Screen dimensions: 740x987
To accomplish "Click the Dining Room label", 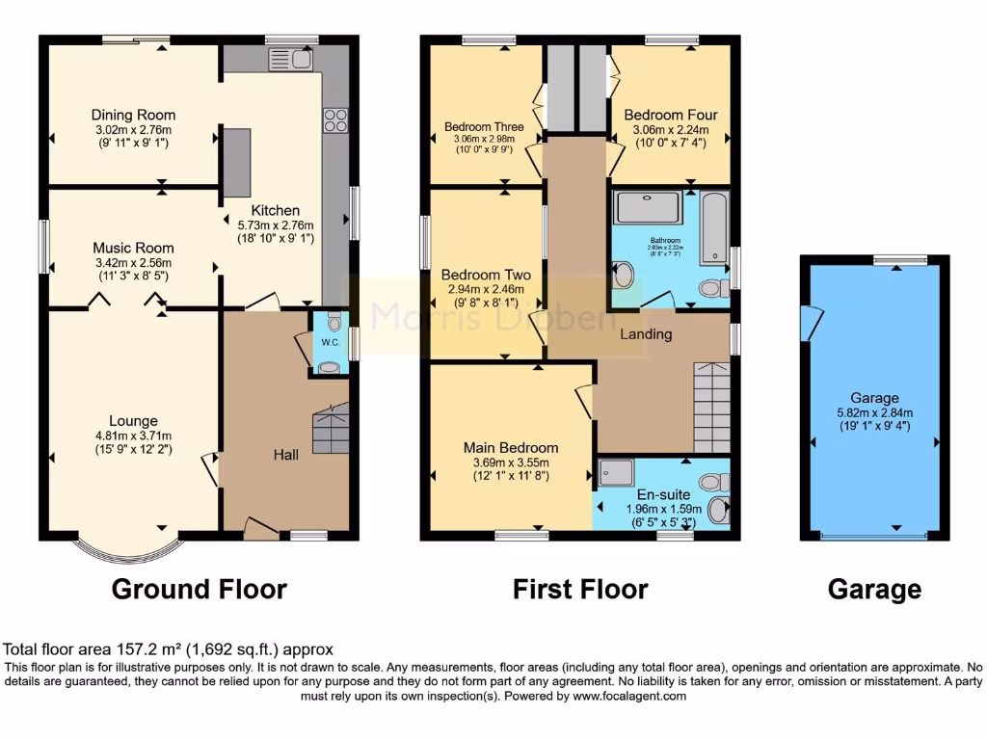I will (x=133, y=115).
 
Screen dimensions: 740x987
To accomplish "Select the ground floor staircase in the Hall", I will (x=332, y=429).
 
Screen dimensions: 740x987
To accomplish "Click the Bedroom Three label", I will (x=484, y=126).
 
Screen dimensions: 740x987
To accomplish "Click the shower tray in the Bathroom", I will (x=647, y=207).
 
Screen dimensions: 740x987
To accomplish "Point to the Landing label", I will (x=645, y=334).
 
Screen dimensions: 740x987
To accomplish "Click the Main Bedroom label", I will (x=510, y=448).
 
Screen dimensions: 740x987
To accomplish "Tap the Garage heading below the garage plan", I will (x=873, y=589).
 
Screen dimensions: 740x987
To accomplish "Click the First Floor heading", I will (x=579, y=589).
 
